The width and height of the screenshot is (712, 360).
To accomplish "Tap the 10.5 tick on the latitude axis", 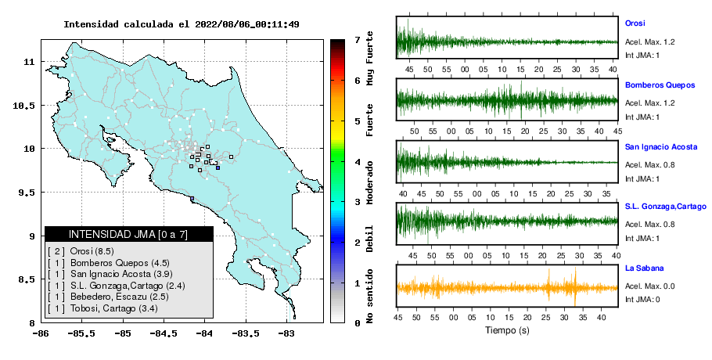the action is (25, 106).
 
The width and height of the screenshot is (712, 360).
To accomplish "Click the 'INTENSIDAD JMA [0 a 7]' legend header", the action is (128, 234).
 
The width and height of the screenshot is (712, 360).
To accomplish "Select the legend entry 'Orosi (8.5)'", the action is (92, 251).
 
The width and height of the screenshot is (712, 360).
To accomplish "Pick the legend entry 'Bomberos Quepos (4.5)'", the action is (120, 263).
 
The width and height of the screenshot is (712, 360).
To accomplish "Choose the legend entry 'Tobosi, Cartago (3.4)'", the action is (114, 308).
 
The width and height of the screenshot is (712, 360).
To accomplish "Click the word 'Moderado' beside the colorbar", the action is (369, 182).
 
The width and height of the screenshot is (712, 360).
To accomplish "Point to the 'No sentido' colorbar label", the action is (369, 296).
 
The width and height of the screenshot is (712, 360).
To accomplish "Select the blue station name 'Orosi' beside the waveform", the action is (635, 23).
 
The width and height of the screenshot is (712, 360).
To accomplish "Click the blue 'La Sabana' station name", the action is (645, 268).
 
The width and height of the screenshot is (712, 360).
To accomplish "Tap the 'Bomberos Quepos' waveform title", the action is (660, 85).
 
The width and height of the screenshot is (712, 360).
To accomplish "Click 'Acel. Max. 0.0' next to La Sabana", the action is (649, 286).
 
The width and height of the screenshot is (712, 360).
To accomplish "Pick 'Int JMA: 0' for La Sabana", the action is (642, 299).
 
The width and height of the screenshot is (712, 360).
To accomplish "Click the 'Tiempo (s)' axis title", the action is (507, 330).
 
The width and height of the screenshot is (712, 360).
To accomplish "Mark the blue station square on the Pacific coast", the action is (192, 198).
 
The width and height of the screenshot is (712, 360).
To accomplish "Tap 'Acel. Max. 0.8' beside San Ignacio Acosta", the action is (649, 165).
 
